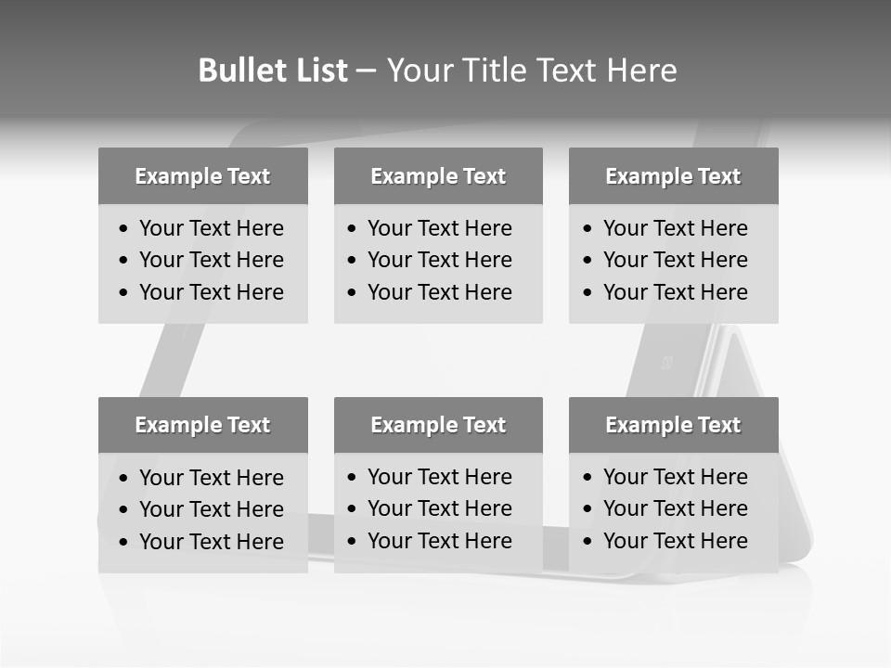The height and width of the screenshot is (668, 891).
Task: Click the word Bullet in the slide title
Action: (238, 71)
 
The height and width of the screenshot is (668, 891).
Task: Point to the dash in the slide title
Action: (366, 71)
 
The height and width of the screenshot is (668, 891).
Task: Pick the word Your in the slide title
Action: (420, 71)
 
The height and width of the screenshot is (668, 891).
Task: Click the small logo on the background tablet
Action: (666, 362)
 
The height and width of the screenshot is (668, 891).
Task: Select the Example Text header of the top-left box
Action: (202, 176)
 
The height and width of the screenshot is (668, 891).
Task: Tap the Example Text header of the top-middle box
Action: (438, 176)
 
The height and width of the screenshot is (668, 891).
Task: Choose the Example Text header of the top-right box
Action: (673, 176)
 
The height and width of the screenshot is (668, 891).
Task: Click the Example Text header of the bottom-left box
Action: (202, 425)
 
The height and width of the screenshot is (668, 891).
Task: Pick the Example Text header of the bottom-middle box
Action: (438, 425)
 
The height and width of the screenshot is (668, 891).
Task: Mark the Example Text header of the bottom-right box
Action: (673, 425)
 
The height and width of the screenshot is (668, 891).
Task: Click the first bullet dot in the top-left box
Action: (124, 229)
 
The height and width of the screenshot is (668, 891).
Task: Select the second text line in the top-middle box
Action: (439, 260)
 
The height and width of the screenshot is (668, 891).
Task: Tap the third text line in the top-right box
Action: (675, 292)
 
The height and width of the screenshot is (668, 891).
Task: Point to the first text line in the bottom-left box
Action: (211, 478)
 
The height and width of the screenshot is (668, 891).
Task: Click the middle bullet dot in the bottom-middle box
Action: (353, 509)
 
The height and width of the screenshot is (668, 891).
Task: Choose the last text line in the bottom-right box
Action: (675, 541)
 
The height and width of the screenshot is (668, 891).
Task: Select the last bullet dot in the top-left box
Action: (124, 293)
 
